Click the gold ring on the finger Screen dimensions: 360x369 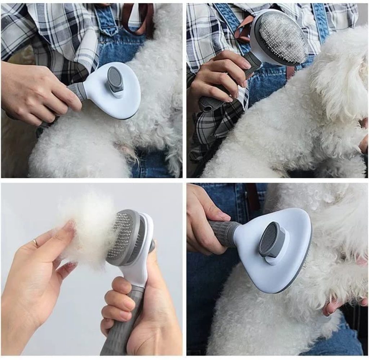[x=36, y=243]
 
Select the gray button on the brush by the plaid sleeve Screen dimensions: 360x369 [x=115, y=79]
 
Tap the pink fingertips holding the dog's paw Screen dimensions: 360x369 [x=331, y=307]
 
